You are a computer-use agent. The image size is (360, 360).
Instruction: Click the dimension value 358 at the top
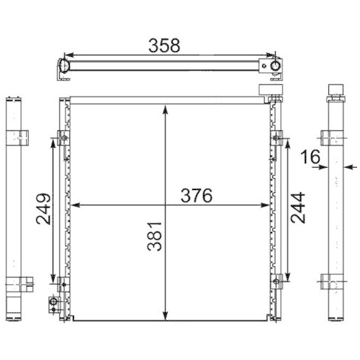[164, 44]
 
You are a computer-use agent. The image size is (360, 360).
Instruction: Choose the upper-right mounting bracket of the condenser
[276, 138]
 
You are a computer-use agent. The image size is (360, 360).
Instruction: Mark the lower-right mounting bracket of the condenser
[276, 282]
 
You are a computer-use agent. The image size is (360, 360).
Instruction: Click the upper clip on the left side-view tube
[17, 137]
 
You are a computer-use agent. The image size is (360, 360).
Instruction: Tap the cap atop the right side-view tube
[336, 91]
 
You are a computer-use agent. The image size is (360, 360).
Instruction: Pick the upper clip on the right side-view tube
[336, 137]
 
